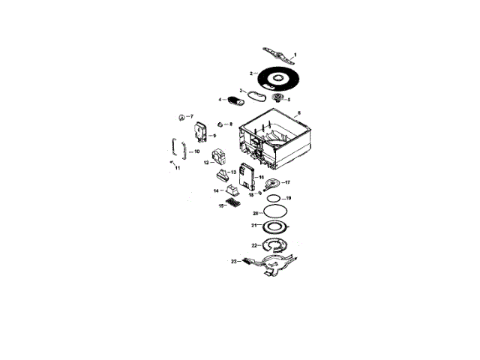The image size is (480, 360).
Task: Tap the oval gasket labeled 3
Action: (x=256, y=95)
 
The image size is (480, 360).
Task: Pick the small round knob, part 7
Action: (x=181, y=117)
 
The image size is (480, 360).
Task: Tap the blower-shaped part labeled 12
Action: (x=220, y=157)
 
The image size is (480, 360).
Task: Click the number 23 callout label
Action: (x=234, y=261)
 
